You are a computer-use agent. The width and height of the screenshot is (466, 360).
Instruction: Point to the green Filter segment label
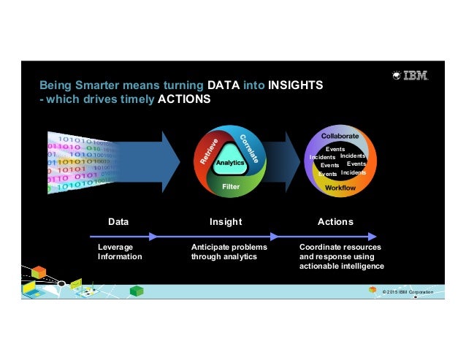click(x=231, y=187)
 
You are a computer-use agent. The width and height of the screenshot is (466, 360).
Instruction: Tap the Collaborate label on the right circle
click(x=340, y=136)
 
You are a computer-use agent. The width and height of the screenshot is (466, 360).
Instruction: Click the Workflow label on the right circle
click(x=340, y=188)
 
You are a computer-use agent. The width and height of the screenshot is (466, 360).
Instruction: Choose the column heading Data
click(x=118, y=221)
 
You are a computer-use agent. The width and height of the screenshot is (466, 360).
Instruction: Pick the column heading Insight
click(x=225, y=221)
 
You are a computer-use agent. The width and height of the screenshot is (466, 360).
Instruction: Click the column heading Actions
click(x=336, y=221)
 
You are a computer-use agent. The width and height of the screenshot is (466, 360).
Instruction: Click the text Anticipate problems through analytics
click(x=229, y=252)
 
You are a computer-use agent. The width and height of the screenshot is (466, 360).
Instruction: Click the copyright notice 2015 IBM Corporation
click(x=403, y=292)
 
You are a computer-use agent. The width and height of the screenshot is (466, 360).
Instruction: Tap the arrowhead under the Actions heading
click(x=372, y=236)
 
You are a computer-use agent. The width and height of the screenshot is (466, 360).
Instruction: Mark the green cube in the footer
click(x=135, y=291)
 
